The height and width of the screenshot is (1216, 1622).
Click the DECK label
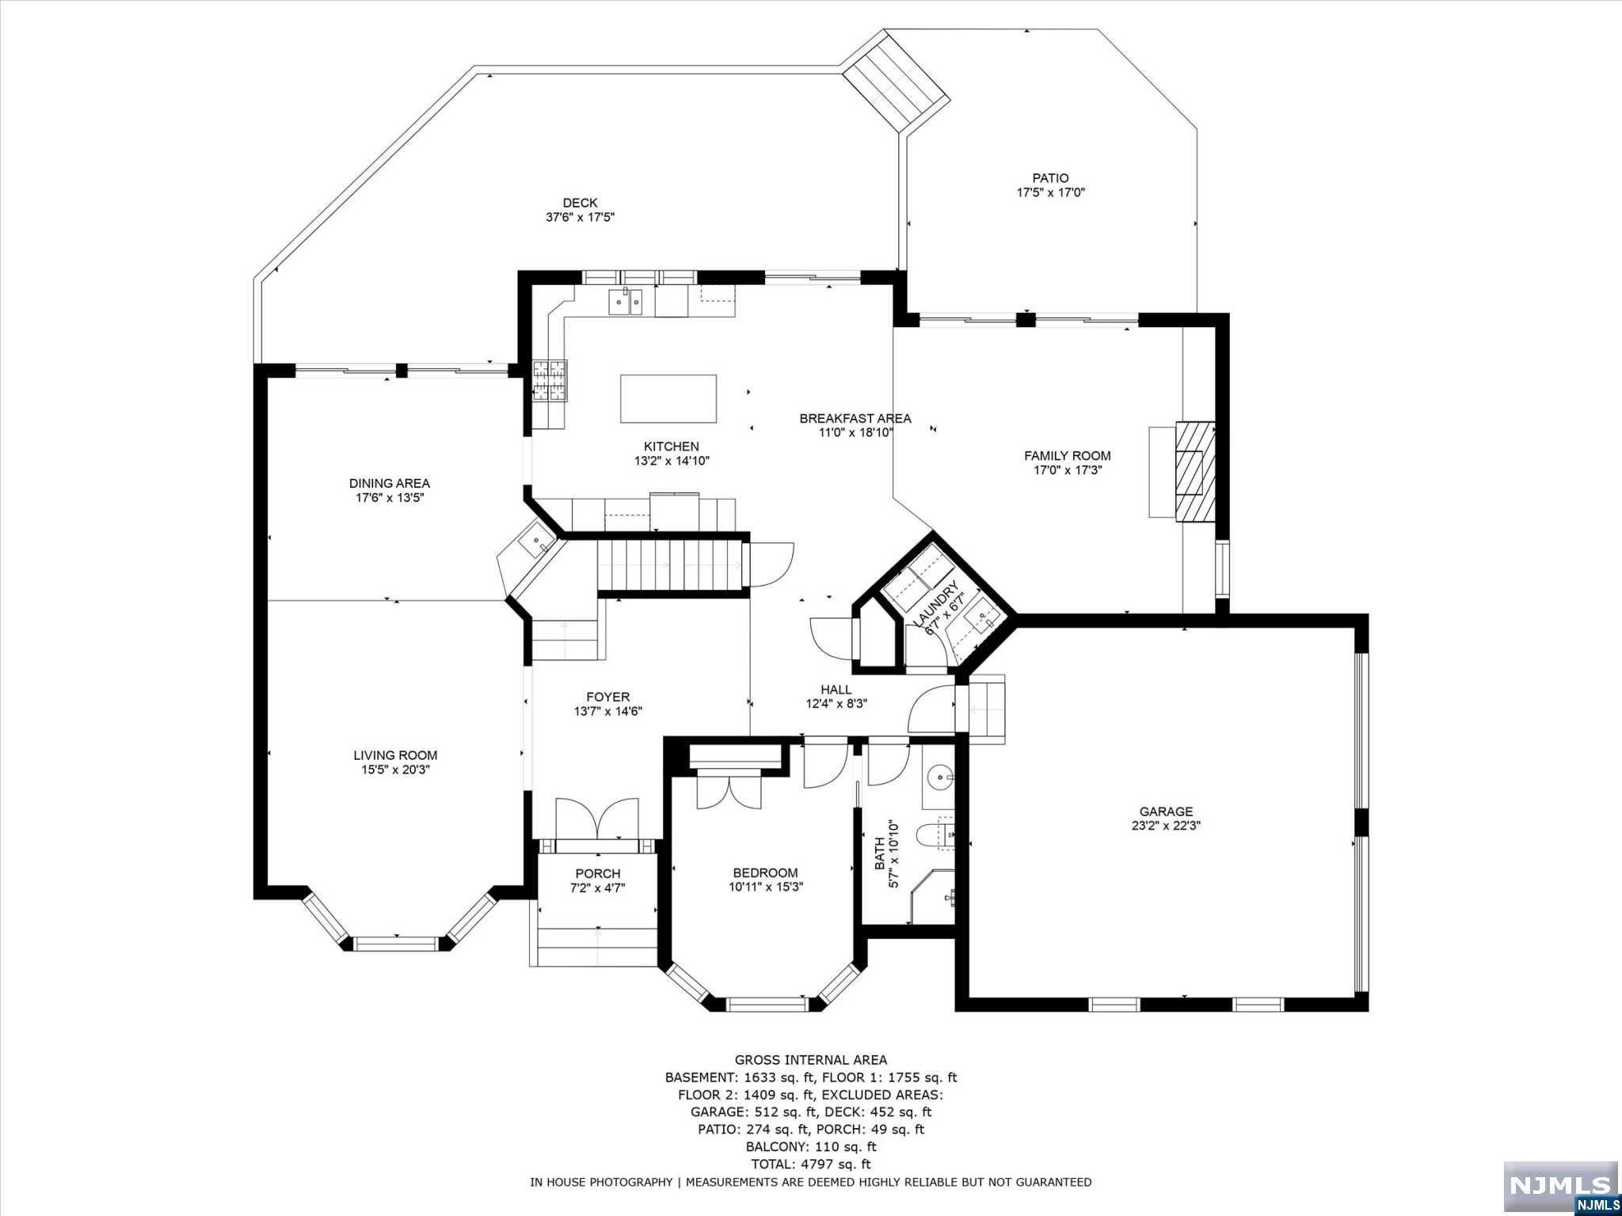click(580, 203)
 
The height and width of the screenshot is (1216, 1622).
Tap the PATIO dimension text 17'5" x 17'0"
click(1050, 192)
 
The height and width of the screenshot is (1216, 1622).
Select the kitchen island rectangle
click(668, 399)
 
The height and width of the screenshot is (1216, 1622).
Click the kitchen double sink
click(625, 302)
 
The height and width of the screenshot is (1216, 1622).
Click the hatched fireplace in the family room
click(1194, 471)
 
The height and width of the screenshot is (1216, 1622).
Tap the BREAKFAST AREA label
click(855, 419)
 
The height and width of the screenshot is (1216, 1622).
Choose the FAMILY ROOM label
click(1067, 456)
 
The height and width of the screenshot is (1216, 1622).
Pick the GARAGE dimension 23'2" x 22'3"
click(1166, 825)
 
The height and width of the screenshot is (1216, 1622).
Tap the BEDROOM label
click(765, 873)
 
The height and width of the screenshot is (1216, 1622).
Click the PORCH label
click(598, 874)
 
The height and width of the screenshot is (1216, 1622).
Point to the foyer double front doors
click(597, 819)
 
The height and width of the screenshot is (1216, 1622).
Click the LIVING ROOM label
click(395, 755)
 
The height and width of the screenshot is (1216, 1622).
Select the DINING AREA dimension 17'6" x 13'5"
click(390, 498)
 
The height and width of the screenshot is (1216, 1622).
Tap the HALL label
click(836, 690)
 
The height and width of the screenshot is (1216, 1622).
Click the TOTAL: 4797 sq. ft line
click(810, 1164)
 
